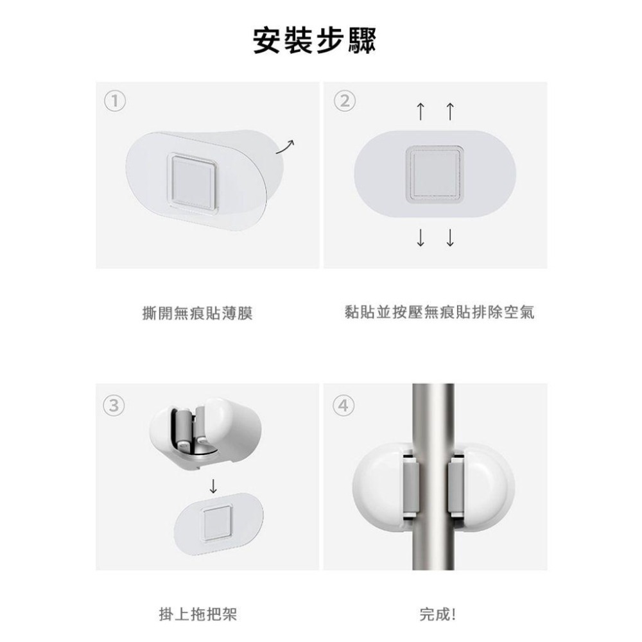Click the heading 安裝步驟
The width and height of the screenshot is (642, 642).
(314, 40)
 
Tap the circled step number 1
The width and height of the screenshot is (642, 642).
(116, 100)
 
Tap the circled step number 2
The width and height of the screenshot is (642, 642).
(345, 101)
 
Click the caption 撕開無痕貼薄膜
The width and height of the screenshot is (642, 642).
(197, 313)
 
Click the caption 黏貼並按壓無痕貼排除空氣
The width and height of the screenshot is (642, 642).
(439, 313)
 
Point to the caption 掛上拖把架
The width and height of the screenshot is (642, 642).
(197, 614)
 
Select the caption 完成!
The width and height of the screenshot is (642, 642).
(437, 614)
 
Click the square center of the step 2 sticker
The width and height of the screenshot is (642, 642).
(435, 173)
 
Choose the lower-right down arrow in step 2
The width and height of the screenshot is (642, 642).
(449, 238)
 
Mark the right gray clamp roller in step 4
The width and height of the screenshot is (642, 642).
(455, 485)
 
